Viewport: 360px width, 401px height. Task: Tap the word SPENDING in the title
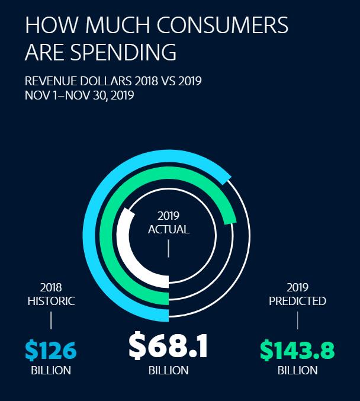[x=123, y=52]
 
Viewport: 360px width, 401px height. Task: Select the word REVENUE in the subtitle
[x=49, y=81]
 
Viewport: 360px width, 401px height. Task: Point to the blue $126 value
[x=51, y=350]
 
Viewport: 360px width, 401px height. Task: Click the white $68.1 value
[x=168, y=347]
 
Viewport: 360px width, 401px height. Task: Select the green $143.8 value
[x=297, y=350]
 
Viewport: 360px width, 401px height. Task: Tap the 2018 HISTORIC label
[x=51, y=294]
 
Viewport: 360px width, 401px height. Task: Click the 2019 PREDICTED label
[x=297, y=294]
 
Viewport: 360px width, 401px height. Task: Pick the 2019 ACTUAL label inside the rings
[x=168, y=222]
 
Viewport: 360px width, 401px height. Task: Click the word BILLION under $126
[x=51, y=371]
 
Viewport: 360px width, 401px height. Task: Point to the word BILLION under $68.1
[x=168, y=371]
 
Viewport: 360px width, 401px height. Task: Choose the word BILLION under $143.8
[x=297, y=371]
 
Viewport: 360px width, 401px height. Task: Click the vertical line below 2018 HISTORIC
[x=51, y=320]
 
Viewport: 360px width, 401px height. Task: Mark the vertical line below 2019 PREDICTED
[x=297, y=320]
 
